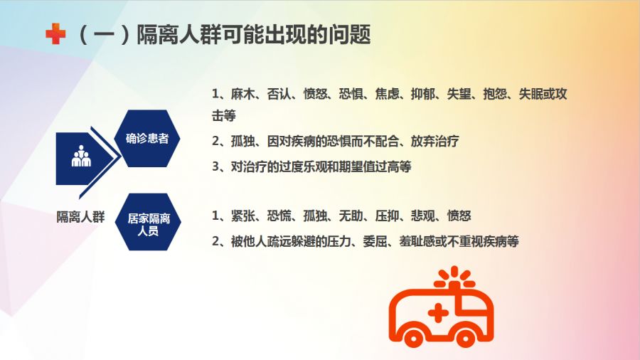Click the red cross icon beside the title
point(55,33)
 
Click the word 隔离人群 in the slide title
point(178,34)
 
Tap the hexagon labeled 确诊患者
point(147,138)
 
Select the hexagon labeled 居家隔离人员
point(148,222)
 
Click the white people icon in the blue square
point(81,156)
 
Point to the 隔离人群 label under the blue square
point(80,217)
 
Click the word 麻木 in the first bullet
point(243,95)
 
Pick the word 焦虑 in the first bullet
point(387,95)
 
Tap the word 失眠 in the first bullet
point(530,95)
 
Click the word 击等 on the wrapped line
point(224,116)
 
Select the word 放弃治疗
point(435,141)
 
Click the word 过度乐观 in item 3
point(302,166)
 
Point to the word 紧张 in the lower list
point(243,216)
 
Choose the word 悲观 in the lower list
point(423,216)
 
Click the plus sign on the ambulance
point(438,314)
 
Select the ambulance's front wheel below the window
point(465,337)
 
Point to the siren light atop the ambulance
point(454,278)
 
